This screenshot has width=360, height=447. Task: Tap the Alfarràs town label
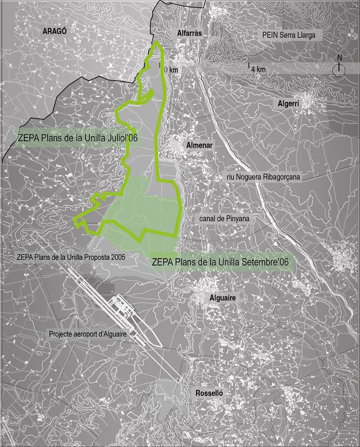tap(189, 34)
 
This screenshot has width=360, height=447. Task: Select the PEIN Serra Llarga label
tap(292, 35)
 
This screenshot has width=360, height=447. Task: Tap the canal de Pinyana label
tap(221, 219)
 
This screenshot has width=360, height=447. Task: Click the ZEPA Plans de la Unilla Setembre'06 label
tap(222, 262)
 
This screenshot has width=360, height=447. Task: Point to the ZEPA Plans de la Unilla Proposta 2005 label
tap(71, 257)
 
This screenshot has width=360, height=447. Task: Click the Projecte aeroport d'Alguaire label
tap(87, 334)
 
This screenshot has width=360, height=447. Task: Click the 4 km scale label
tap(258, 69)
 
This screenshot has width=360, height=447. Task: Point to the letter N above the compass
tap(339, 58)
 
